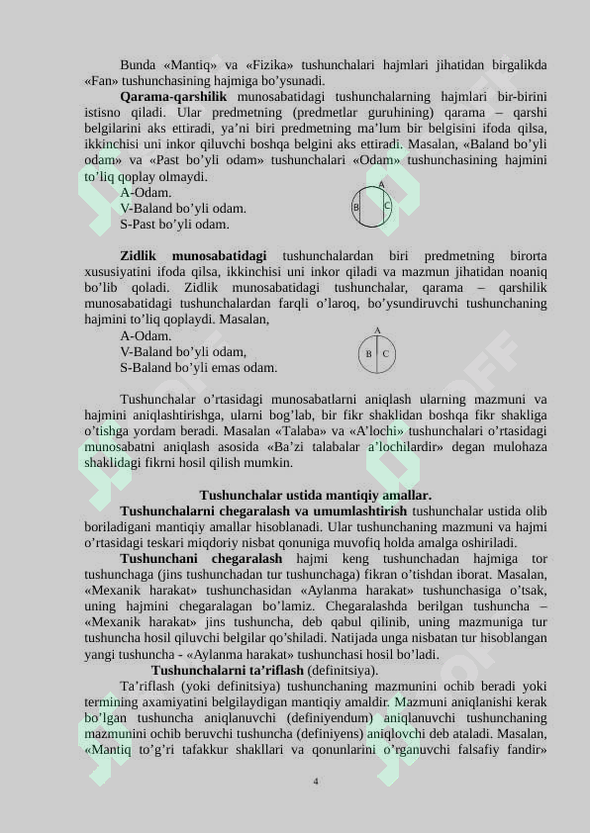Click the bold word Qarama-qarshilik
(x=173, y=97)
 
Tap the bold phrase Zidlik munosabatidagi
(x=193, y=256)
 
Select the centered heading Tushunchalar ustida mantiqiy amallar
(x=315, y=495)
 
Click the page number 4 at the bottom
(x=315, y=782)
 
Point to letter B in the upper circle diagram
(x=356, y=208)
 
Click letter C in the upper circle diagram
(x=387, y=207)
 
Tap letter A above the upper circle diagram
(x=381, y=185)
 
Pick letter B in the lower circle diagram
(x=368, y=353)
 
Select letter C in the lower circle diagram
(x=385, y=353)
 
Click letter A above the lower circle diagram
(x=377, y=330)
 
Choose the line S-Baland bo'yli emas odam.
(x=198, y=368)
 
